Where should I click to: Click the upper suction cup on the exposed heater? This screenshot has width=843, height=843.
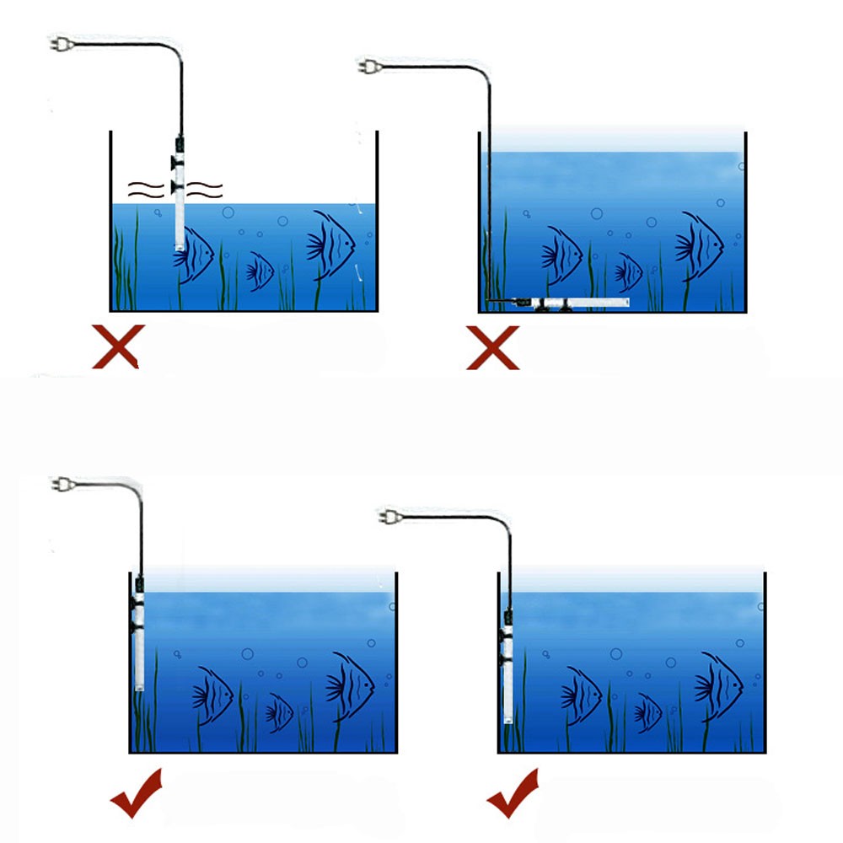tap(177, 161)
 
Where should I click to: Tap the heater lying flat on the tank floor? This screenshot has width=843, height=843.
tap(582, 301)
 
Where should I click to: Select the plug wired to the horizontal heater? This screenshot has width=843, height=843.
tap(368, 65)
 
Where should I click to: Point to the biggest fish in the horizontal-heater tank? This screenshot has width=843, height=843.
tap(700, 244)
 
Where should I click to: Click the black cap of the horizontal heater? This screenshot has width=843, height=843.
tap(522, 300)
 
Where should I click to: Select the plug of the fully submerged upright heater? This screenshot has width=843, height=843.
tap(389, 514)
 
